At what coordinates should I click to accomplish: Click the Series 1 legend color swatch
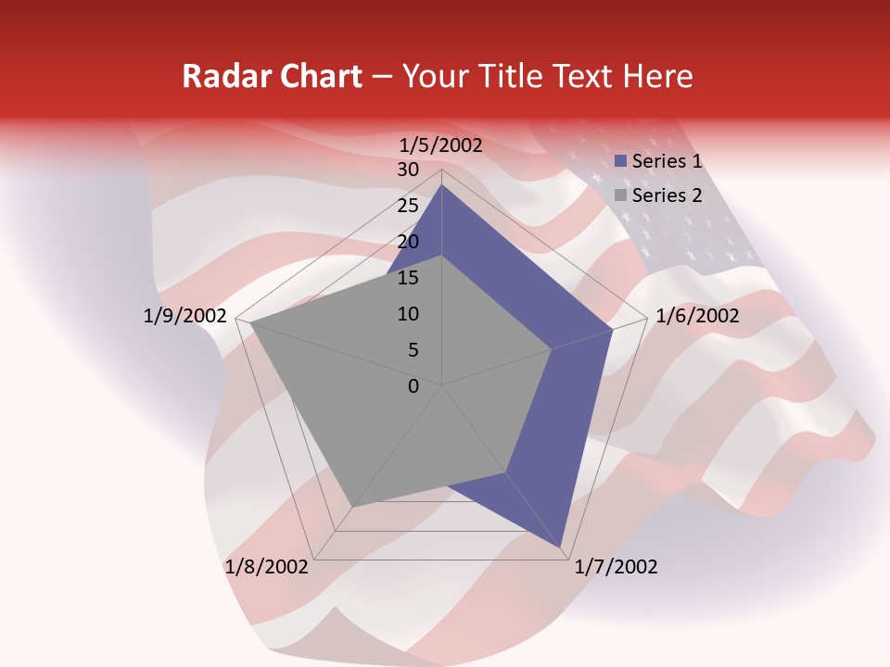click(621, 161)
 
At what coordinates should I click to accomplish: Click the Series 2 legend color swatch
click(621, 195)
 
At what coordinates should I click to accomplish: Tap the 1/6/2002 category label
click(697, 316)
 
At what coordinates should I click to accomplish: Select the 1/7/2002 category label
click(616, 567)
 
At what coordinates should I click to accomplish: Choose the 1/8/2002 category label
click(267, 567)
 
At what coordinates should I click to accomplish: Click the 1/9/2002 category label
click(185, 316)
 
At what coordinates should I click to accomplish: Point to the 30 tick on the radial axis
click(408, 170)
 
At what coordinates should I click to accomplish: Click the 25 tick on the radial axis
click(408, 206)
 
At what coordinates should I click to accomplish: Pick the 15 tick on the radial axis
click(408, 278)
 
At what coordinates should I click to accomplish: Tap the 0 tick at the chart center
click(413, 386)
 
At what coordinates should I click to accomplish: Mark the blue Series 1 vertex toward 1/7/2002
click(563, 549)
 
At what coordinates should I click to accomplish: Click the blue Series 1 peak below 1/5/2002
click(442, 184)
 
